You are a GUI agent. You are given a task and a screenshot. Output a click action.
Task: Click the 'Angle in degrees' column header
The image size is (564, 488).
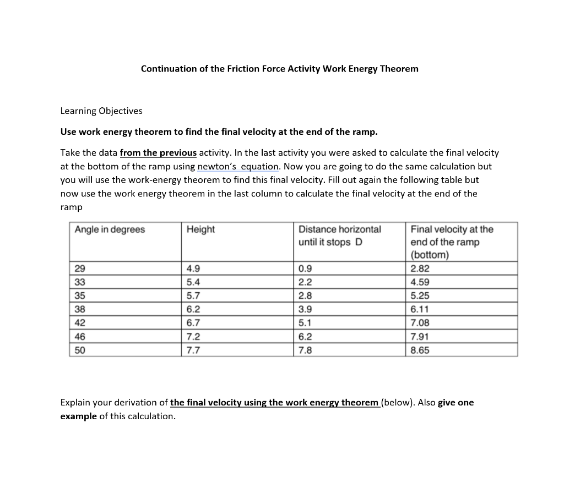coord(110,229)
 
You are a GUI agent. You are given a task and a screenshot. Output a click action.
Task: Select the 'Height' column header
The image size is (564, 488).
coord(200,229)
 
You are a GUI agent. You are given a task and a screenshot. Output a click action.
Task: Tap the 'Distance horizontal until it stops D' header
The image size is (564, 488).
coord(339,235)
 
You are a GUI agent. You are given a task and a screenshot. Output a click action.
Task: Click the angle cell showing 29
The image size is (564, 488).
coord(80,269)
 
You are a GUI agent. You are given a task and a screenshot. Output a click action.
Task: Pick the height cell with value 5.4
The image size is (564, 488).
coord(193,282)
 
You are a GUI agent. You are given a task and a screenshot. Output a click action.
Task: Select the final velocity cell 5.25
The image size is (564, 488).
coord(420,296)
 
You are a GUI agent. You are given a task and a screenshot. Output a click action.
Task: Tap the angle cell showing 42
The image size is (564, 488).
coord(80,323)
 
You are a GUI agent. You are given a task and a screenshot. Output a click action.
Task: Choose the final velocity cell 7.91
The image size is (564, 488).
coord(420,337)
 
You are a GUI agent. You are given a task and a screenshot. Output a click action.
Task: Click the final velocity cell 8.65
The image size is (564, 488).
coord(420,350)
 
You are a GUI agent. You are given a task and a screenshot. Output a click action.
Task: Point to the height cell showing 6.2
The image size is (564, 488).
coord(193,309)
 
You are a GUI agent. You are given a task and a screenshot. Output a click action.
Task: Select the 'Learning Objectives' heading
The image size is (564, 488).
coord(101,111)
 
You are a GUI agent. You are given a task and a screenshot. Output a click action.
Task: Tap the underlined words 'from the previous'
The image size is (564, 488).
coord(158,153)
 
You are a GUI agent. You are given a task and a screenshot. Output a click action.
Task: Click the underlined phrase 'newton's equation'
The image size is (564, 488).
coord(238,166)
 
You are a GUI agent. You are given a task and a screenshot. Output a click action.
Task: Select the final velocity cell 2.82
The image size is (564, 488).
coord(420,269)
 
